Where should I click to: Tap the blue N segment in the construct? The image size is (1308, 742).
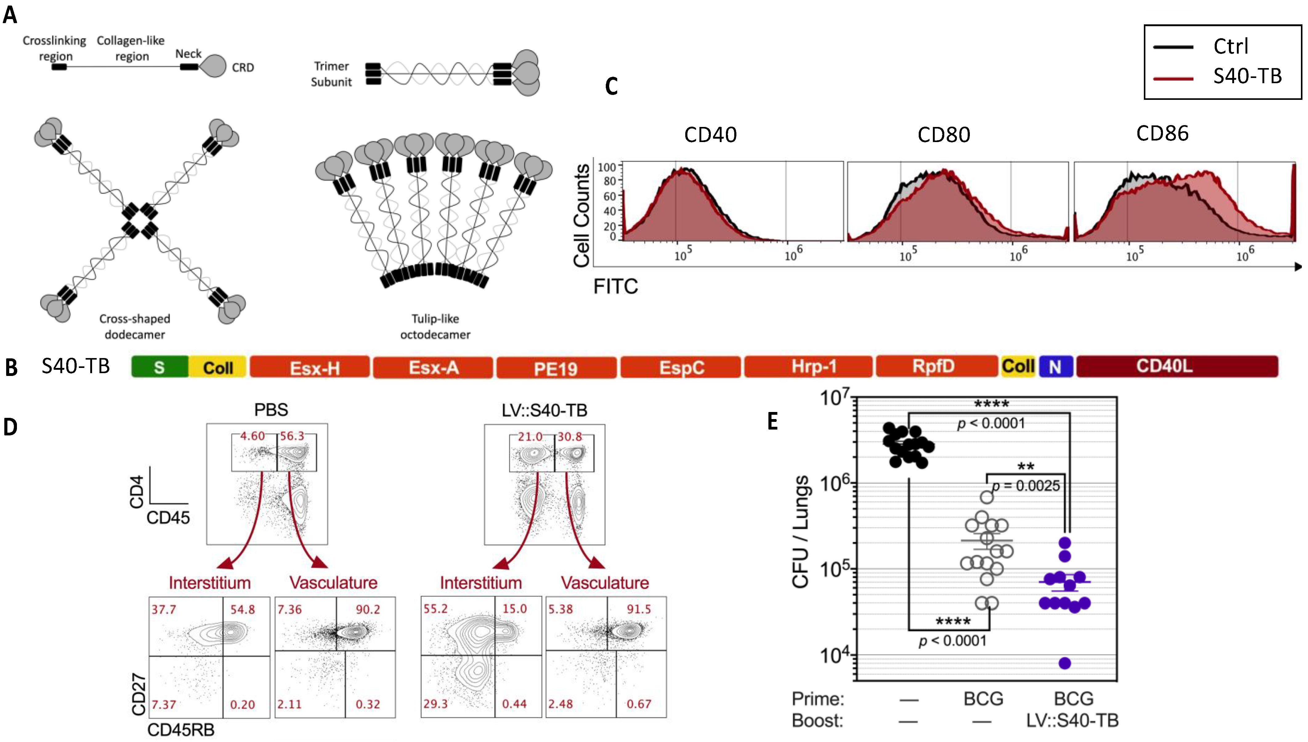tap(1055, 366)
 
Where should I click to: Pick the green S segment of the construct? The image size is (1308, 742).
tap(160, 367)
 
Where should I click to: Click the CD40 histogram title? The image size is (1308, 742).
tap(710, 135)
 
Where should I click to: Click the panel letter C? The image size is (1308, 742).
tap(611, 86)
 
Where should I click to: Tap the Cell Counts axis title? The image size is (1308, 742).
tap(582, 215)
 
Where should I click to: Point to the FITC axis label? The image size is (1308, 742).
tap(615, 286)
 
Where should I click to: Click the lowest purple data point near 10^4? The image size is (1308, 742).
tap(1064, 663)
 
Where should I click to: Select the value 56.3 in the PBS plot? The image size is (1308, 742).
tap(292, 436)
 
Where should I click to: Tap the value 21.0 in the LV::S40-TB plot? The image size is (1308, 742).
tap(530, 437)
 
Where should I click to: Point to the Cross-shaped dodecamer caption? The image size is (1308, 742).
tap(135, 326)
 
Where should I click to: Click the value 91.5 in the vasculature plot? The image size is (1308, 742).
tap(639, 609)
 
